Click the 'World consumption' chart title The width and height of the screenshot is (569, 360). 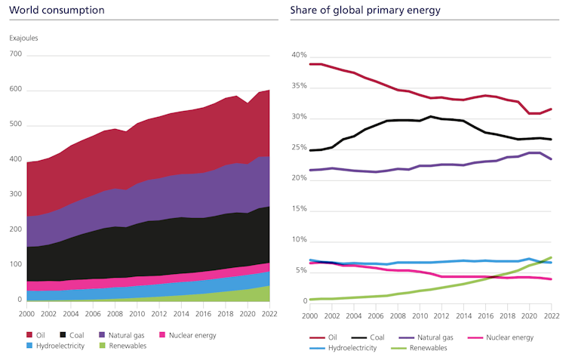57,11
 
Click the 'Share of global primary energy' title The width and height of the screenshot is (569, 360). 365,11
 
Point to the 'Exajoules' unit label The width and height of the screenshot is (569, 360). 23,38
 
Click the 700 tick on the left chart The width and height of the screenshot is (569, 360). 16,55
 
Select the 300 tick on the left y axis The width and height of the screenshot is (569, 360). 16,195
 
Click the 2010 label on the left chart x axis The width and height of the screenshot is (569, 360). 137,312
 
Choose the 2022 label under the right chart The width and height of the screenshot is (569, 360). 552,312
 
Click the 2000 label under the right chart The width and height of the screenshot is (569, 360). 310,312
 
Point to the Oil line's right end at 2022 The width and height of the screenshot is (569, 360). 552,109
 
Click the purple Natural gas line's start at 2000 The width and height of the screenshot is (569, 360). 310,170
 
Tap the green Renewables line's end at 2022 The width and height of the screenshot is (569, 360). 552,257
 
